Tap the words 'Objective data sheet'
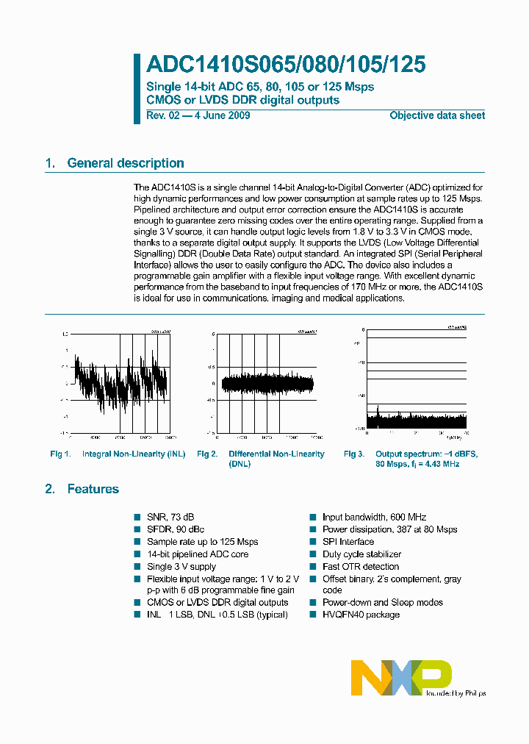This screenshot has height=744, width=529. click(x=437, y=115)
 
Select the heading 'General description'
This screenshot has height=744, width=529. click(x=125, y=163)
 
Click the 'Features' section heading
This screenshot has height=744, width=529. click(x=93, y=489)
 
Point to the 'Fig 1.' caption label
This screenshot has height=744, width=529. click(x=60, y=454)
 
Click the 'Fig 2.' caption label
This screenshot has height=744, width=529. click(x=207, y=454)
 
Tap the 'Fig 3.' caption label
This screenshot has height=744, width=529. click(x=354, y=454)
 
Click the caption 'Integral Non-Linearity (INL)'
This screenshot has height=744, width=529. click(x=134, y=454)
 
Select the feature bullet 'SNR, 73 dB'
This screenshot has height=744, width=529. click(x=170, y=518)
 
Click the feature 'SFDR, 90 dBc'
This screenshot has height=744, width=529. click(x=176, y=529)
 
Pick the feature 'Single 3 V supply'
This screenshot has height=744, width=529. click(x=181, y=567)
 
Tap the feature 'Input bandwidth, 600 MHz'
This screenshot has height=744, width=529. click(x=374, y=518)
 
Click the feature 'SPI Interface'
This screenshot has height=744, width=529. click(x=348, y=542)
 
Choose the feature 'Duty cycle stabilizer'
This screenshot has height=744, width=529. click(x=361, y=554)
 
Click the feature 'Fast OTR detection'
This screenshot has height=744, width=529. click(x=360, y=567)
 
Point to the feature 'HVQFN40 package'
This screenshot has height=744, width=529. click(x=361, y=614)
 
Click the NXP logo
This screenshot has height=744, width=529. click(x=400, y=677)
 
